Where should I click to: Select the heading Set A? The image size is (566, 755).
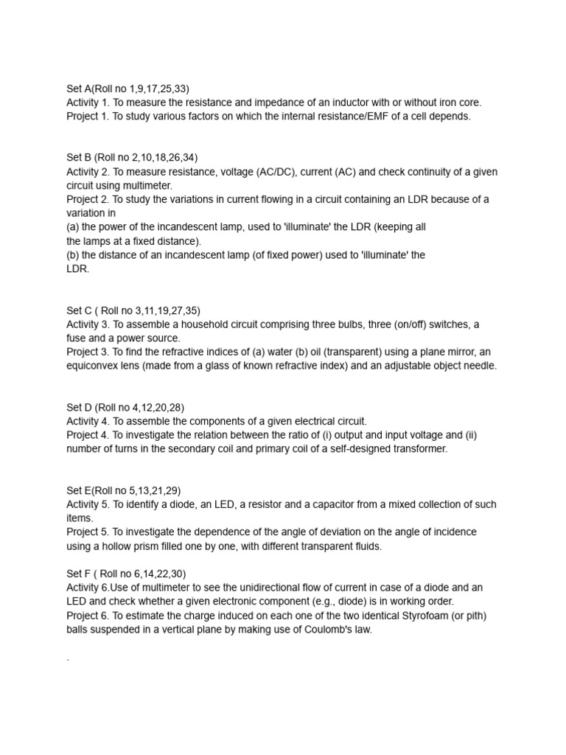(x=81, y=88)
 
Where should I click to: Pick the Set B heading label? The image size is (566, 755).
(x=81, y=158)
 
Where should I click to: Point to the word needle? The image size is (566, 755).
(x=481, y=366)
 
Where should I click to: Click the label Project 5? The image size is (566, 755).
(x=88, y=532)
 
